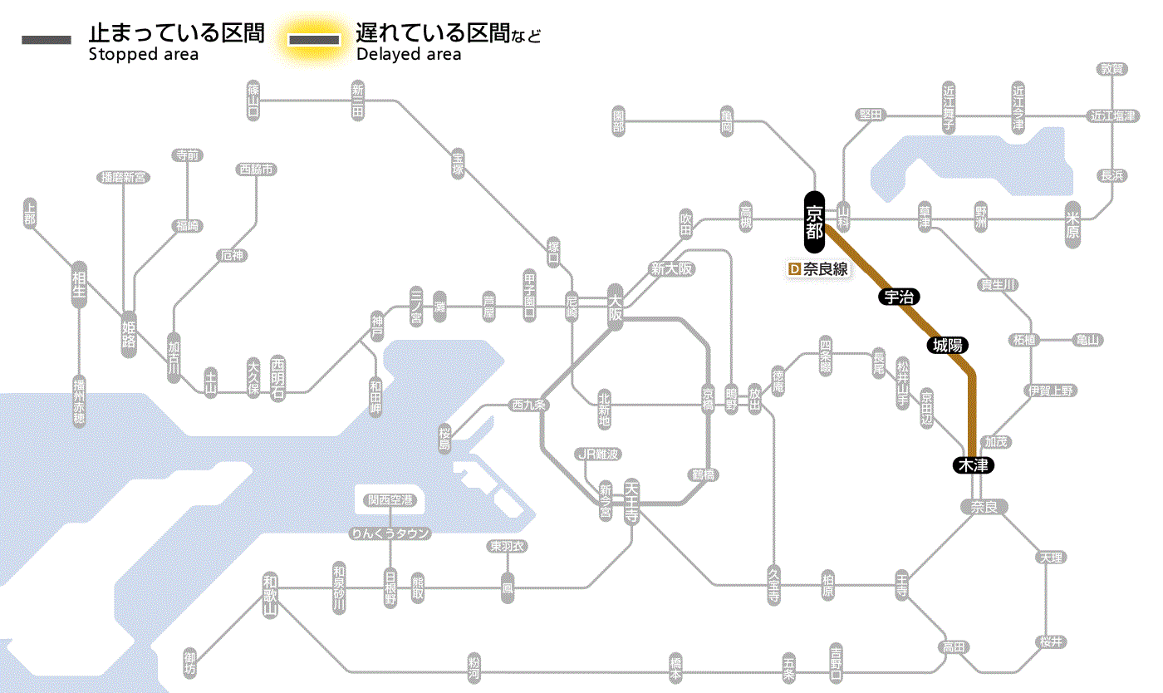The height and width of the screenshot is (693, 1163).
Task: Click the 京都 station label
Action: pyautogui.click(x=814, y=221)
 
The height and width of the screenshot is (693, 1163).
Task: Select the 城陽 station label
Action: pyautogui.click(x=948, y=345)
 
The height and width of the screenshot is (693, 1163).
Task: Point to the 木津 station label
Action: pyautogui.click(x=973, y=465)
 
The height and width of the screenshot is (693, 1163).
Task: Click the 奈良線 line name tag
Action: pyautogui.click(x=818, y=269)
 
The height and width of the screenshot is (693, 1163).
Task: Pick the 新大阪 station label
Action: pyautogui.click(x=671, y=268)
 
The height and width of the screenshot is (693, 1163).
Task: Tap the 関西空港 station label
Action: pyautogui.click(x=390, y=500)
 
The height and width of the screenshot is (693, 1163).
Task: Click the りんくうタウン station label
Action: pyautogui.click(x=390, y=533)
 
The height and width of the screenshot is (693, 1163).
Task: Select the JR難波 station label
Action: pyautogui.click(x=598, y=454)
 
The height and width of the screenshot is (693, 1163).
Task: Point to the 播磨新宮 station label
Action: pyautogui.click(x=123, y=177)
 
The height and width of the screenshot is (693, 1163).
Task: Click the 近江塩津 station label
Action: pyautogui.click(x=1113, y=116)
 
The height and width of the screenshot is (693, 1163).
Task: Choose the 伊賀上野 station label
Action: pyautogui.click(x=1051, y=391)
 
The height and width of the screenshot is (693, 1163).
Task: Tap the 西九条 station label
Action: pyautogui.click(x=529, y=405)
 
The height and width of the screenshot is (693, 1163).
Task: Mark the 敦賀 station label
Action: pyautogui.click(x=1113, y=69)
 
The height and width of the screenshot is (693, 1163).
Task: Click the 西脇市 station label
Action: pyautogui.click(x=258, y=170)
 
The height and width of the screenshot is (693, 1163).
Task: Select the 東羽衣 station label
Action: pyautogui.click(x=507, y=547)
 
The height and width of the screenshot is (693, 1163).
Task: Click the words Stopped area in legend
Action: pyautogui.click(x=144, y=55)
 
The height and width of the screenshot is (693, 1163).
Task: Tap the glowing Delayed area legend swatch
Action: pyautogui.click(x=314, y=39)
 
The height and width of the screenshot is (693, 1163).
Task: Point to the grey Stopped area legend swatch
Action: pyautogui.click(x=47, y=39)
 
